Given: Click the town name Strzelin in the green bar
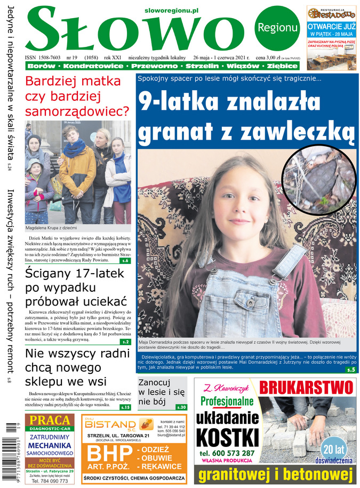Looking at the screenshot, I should tap(202, 66).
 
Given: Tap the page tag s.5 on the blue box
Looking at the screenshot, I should tap(350, 369).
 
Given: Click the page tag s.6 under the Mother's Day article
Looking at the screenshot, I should tap(125, 261).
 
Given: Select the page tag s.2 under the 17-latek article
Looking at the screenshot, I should tap(125, 342).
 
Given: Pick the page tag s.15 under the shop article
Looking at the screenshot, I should tap(125, 407).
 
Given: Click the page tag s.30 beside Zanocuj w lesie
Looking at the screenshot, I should tap(181, 407).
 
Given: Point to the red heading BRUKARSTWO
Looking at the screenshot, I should tap(307, 387).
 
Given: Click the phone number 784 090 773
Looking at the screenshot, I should tap(50, 481).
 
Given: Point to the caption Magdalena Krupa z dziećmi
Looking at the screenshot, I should tap(55, 228).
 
